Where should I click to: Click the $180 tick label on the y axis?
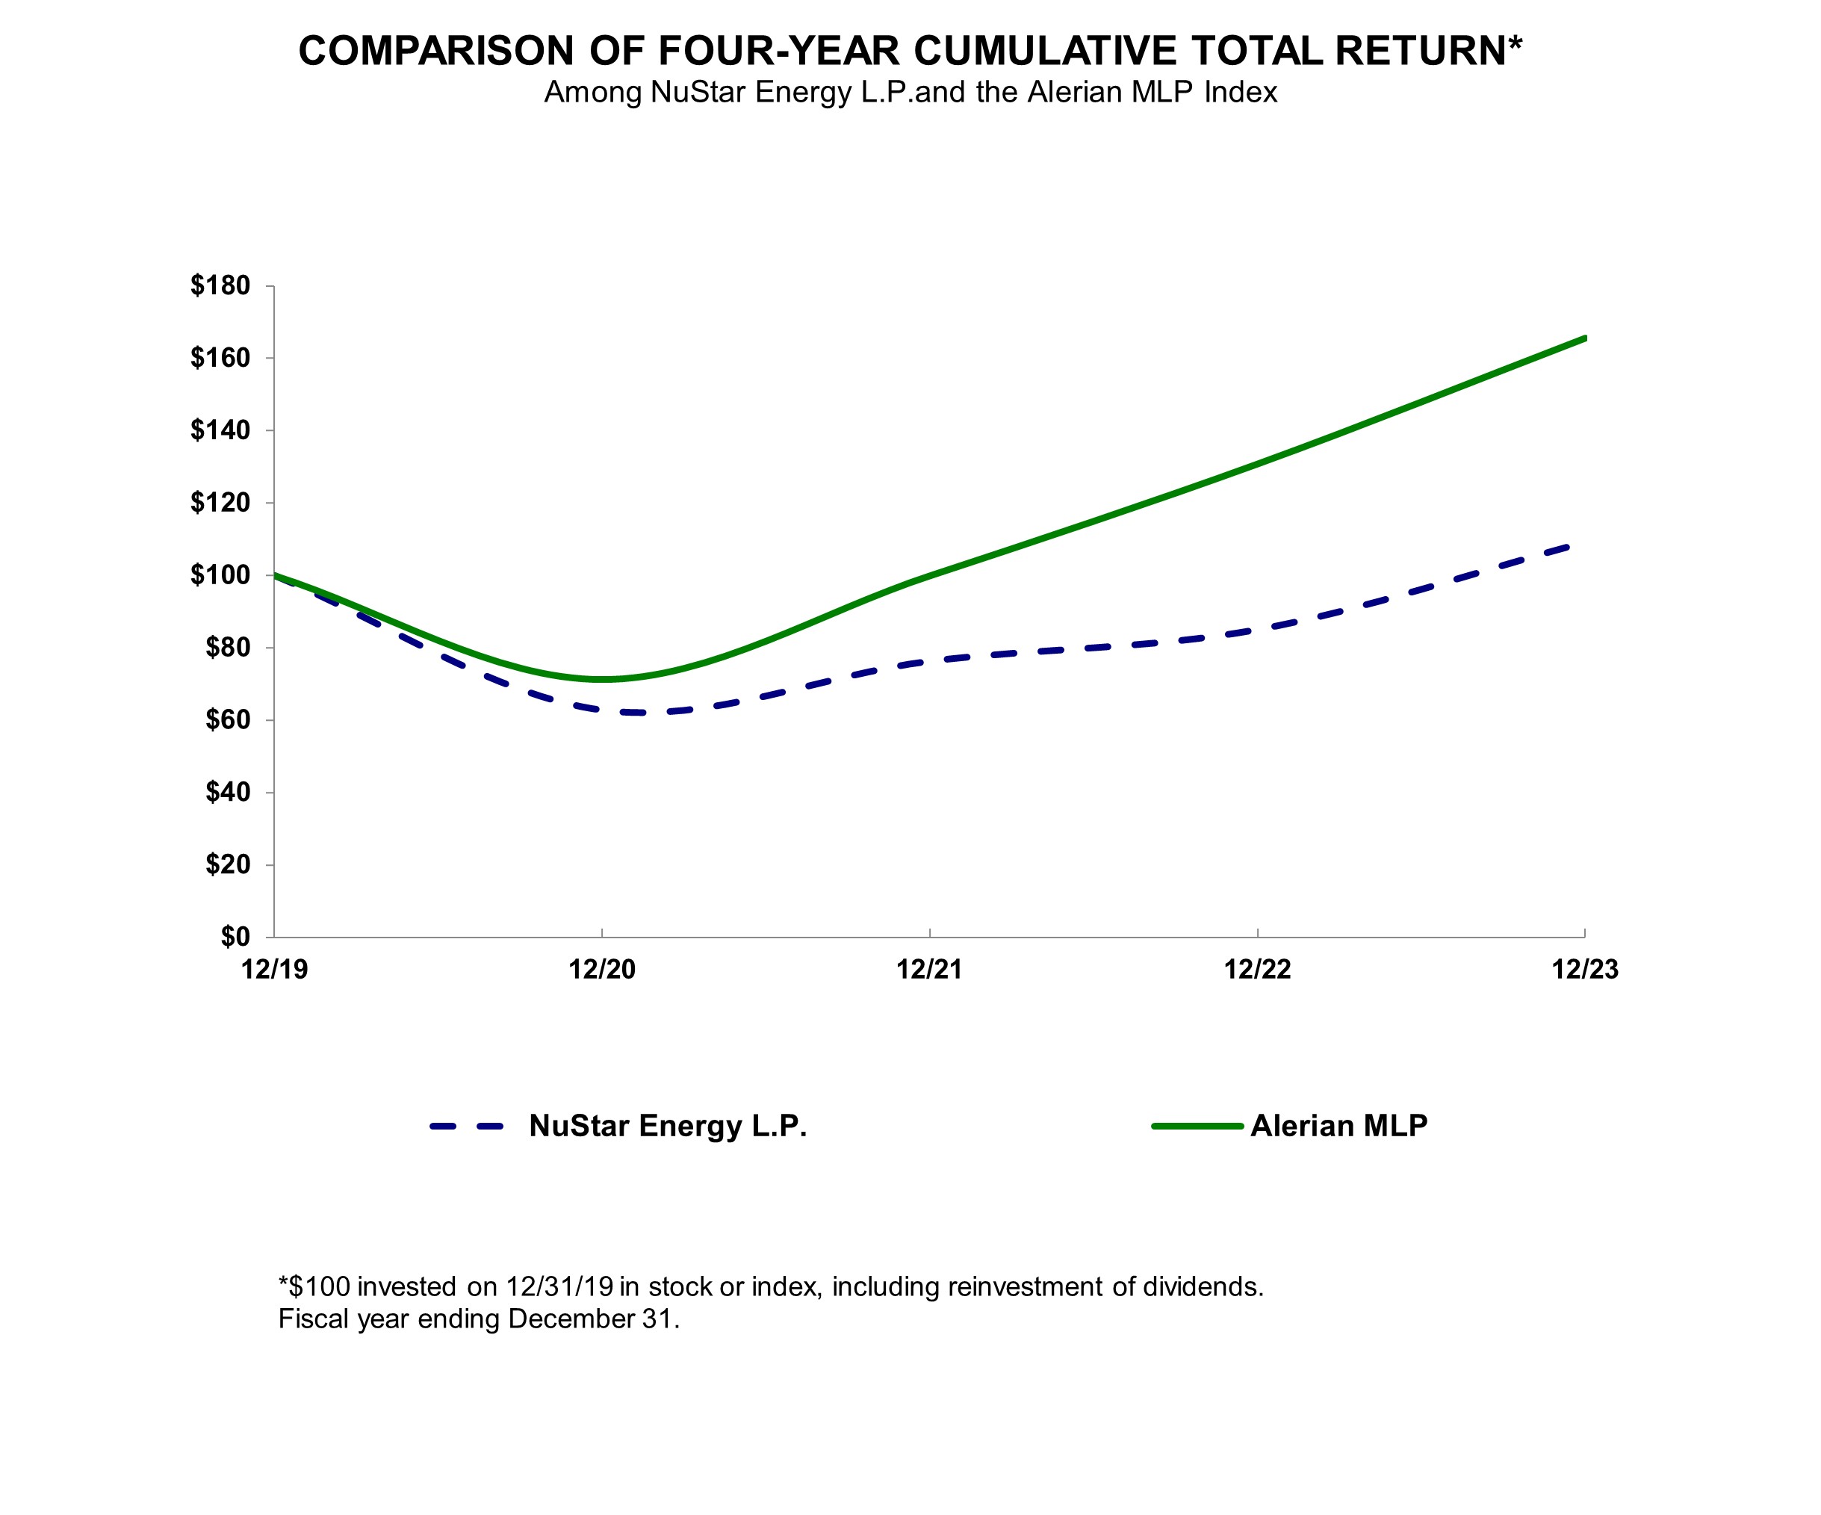(x=220, y=285)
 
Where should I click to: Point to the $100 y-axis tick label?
(x=220, y=575)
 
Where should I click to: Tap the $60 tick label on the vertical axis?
(x=227, y=720)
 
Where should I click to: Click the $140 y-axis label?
(x=220, y=430)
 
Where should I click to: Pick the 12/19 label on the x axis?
(x=275, y=970)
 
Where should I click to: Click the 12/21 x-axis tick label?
(x=930, y=970)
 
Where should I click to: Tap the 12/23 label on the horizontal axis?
(x=1584, y=970)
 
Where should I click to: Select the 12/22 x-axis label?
(x=1257, y=970)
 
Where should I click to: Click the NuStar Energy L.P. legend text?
(x=668, y=1126)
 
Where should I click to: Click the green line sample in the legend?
(x=1197, y=1127)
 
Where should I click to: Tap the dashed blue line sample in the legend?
(x=467, y=1127)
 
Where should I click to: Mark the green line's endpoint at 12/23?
(x=1584, y=338)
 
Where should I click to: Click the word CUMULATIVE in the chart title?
(x=1045, y=50)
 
